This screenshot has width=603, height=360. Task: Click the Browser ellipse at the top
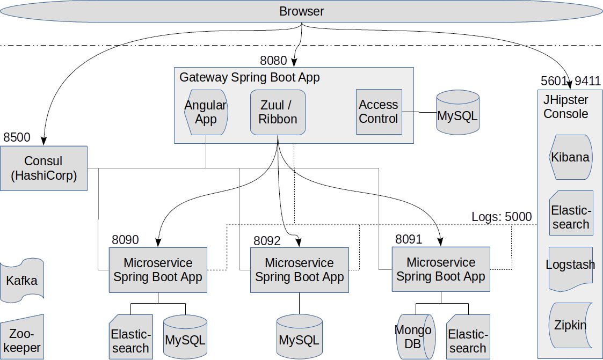pos(301,11)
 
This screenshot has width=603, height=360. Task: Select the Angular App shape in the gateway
pos(206,112)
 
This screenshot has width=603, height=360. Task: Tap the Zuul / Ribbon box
pos(278,112)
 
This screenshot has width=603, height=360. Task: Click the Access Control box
pos(379,112)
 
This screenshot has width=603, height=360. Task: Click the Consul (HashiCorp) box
pos(43,168)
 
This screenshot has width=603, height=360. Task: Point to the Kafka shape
pos(22,280)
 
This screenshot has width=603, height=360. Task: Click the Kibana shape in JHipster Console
pos(571,157)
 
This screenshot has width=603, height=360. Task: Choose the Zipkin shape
pos(571,325)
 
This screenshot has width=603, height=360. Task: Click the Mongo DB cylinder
pos(413,337)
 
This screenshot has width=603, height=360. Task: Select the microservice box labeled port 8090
pos(158,270)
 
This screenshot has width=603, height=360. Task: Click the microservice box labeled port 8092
pos(299,270)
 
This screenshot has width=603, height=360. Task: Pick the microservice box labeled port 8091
pos(441,269)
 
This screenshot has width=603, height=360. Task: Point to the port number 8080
pos(273,61)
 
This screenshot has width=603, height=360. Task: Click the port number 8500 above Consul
pos(17,137)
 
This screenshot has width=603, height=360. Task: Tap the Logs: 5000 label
pos(502,217)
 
